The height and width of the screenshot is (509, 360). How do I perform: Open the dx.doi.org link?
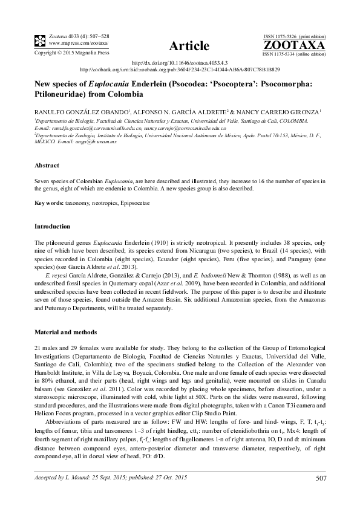pyautogui.click(x=179, y=63)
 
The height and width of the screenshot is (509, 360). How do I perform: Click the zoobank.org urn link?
pyautogui.click(x=180, y=70)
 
